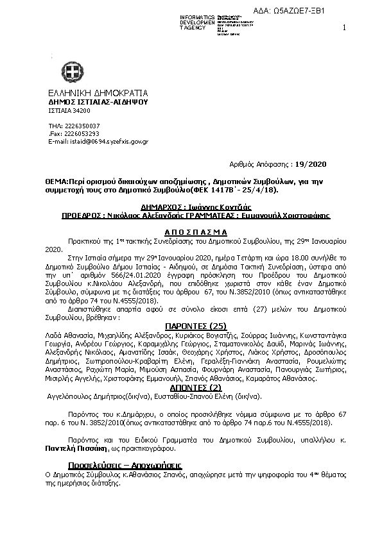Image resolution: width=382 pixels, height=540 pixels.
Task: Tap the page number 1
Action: pos(345,27)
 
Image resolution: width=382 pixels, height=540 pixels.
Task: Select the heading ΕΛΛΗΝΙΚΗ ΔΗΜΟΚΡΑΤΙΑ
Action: pos(94,92)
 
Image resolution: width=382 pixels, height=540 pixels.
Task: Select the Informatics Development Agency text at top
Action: pos(198,22)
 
